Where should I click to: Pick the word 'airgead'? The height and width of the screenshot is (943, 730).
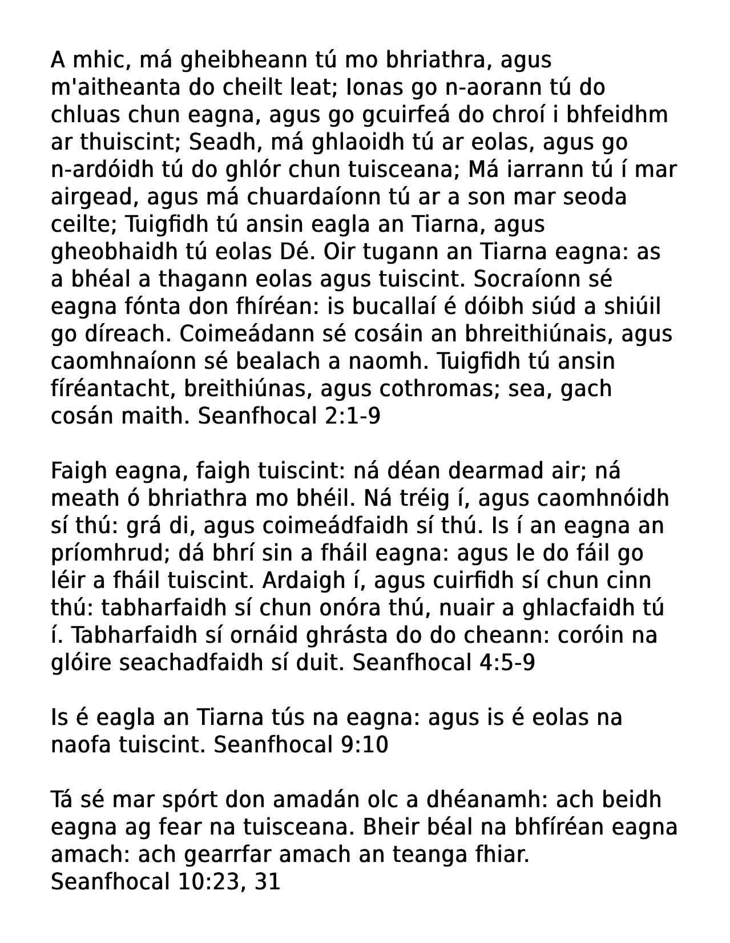[94, 197]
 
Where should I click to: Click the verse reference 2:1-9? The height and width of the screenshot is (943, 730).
[352, 416]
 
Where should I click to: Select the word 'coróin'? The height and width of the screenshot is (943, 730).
[581, 636]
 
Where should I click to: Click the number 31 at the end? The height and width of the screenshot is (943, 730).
[268, 882]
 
